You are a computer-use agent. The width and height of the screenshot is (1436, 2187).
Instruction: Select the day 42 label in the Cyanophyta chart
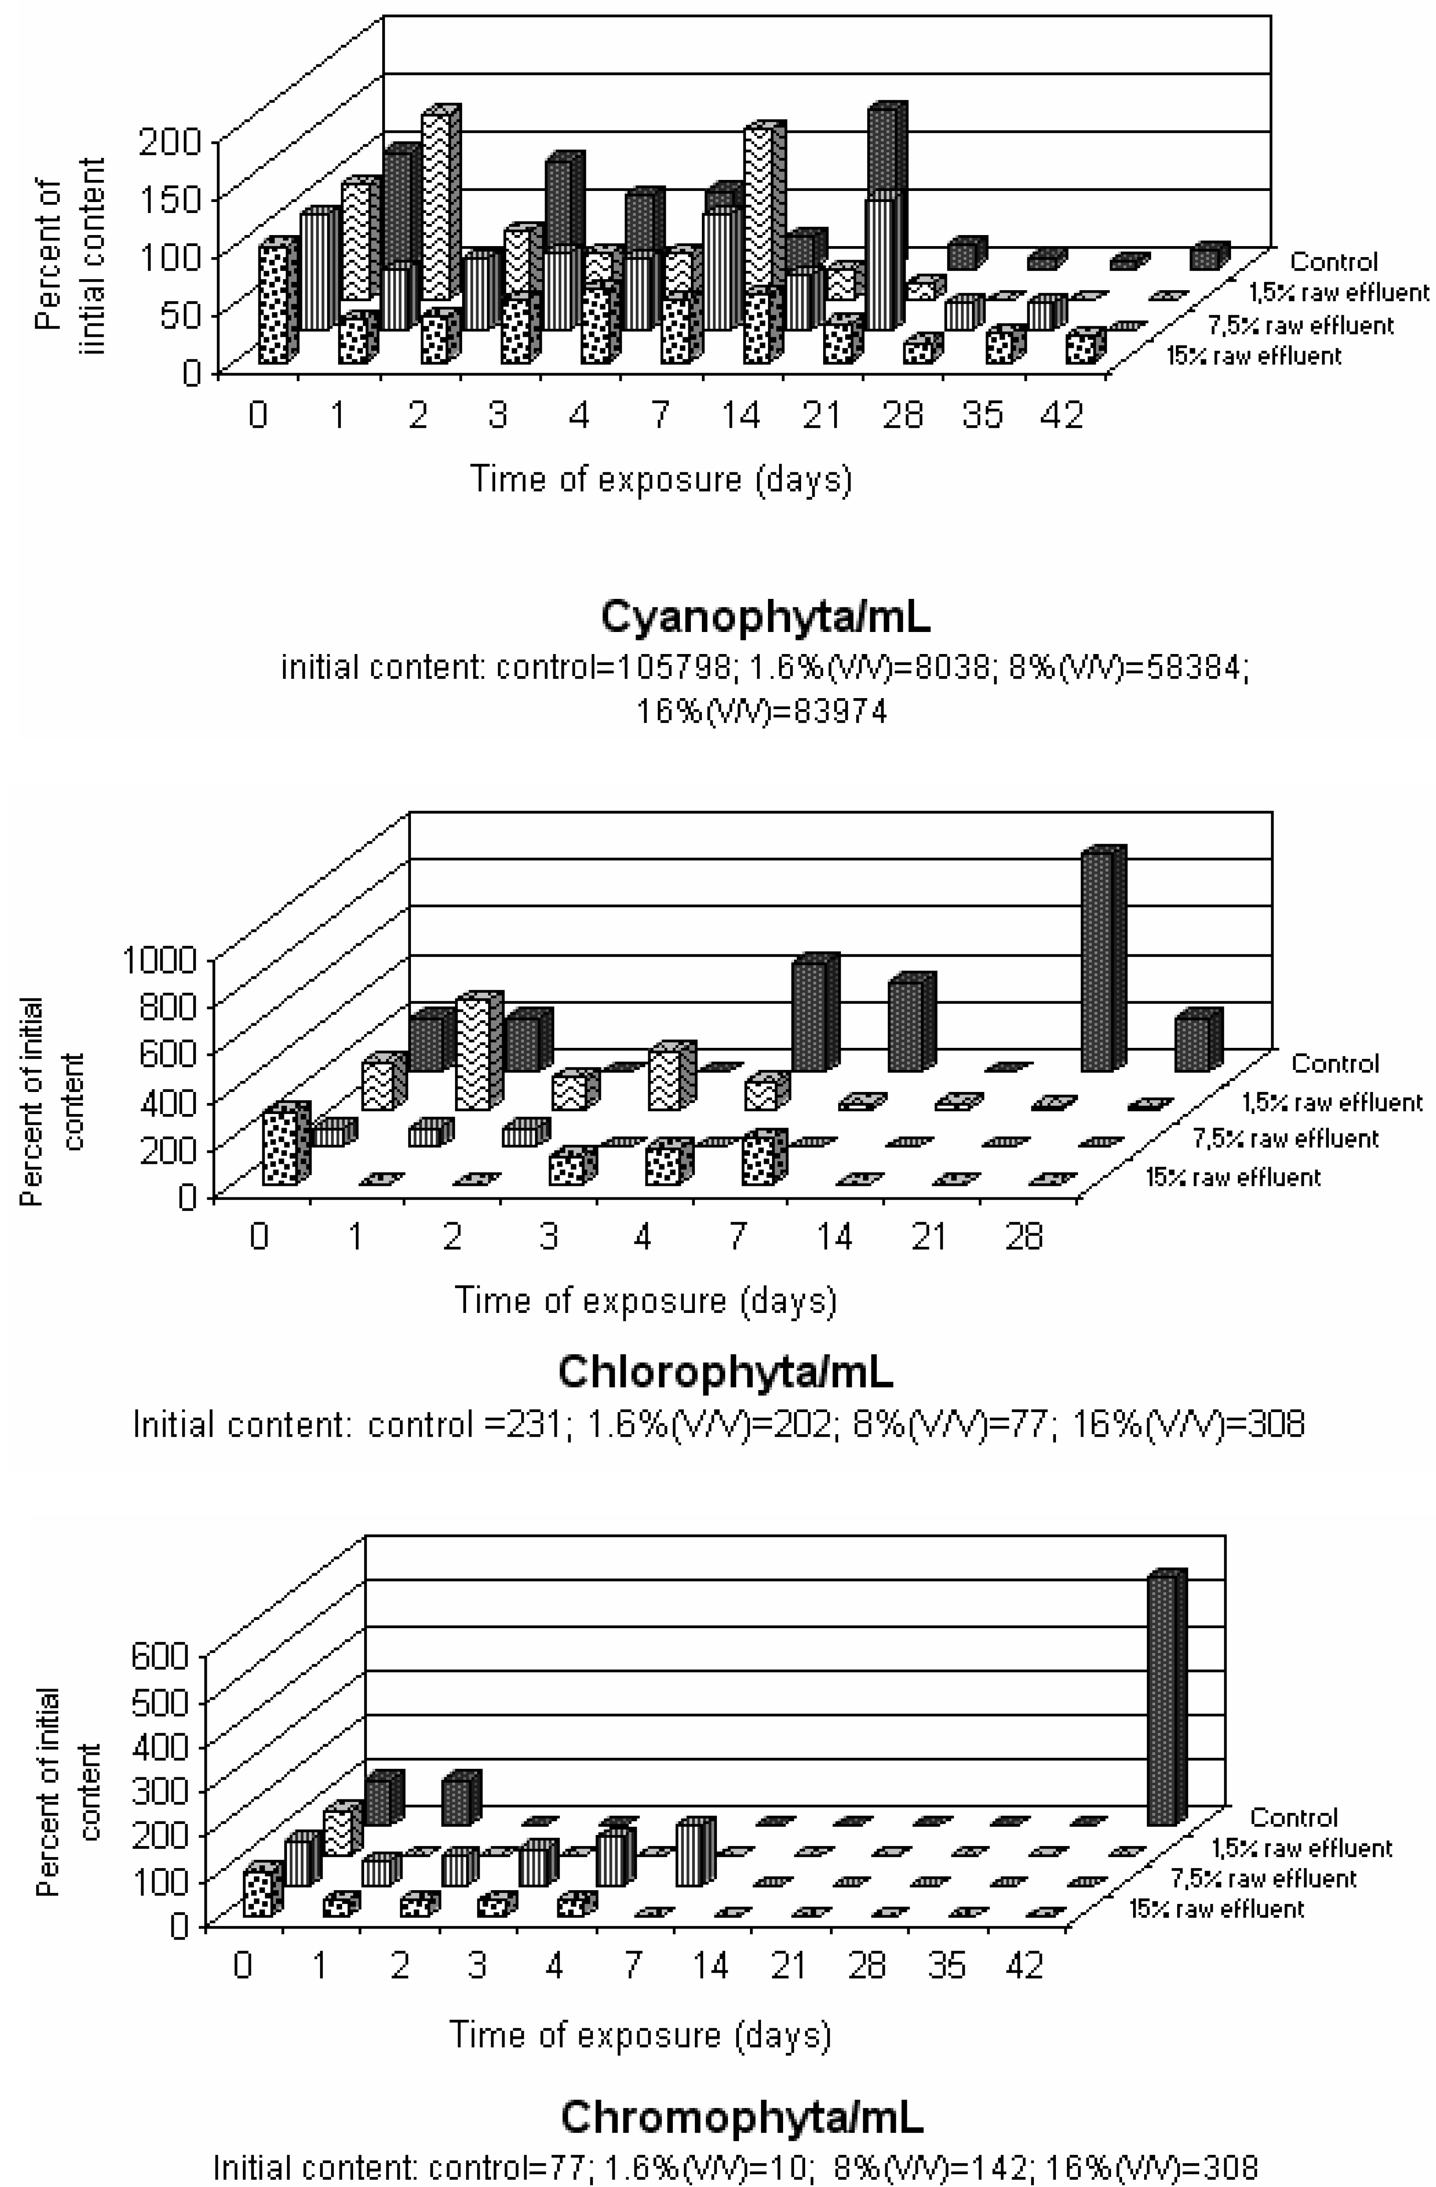point(1062,416)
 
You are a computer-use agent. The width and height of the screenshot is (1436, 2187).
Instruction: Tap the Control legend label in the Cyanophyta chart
point(1334,262)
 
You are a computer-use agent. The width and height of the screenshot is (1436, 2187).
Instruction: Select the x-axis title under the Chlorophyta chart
point(646,1301)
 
